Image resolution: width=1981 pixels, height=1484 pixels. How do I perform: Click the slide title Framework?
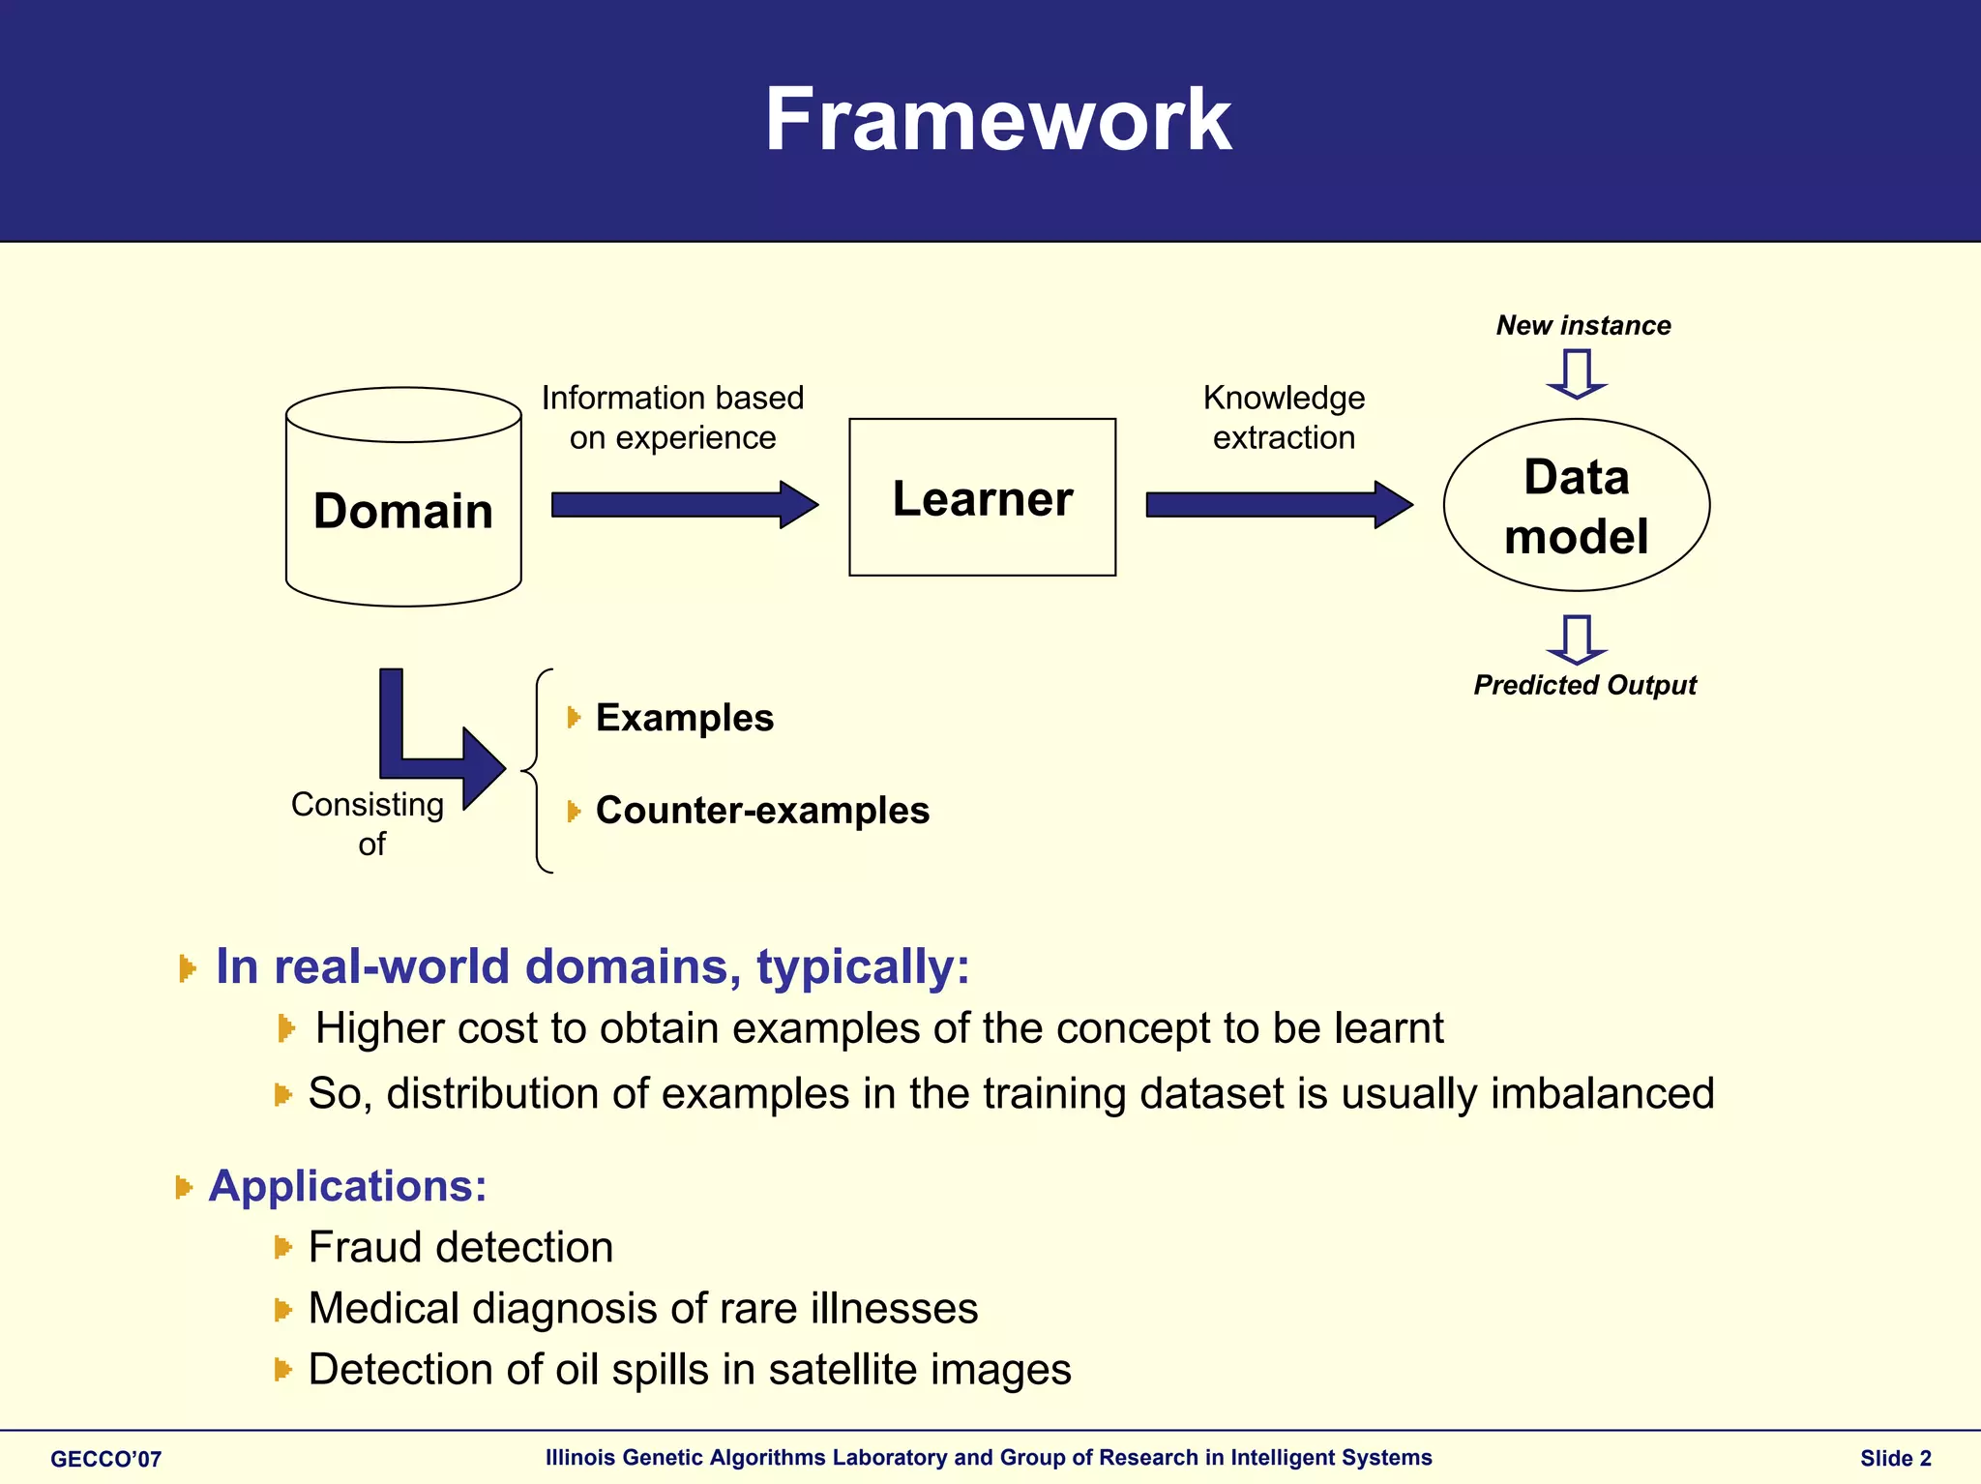[x=997, y=120]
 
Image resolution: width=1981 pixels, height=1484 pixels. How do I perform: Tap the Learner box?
[x=982, y=498]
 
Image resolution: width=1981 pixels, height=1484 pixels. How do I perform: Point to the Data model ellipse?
[x=1576, y=505]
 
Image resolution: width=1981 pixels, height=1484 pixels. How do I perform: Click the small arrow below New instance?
[x=1577, y=374]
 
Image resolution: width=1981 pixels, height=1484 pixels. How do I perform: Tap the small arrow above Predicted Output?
[x=1577, y=638]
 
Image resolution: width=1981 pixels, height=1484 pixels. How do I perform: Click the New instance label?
[x=1583, y=325]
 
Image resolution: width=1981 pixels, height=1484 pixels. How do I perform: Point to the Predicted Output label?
[x=1584, y=685]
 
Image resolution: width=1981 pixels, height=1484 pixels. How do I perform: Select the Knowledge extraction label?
[x=1284, y=418]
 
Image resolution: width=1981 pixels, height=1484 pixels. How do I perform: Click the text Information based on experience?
[x=672, y=418]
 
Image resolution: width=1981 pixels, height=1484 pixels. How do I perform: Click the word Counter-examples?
[x=762, y=811]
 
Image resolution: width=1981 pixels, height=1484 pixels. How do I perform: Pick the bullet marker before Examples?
[x=574, y=718]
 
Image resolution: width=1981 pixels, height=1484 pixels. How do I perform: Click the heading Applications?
[x=348, y=1186]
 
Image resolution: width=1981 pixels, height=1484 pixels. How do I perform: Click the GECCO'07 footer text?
[x=106, y=1459]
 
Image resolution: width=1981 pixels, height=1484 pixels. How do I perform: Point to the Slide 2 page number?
[x=1895, y=1459]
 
